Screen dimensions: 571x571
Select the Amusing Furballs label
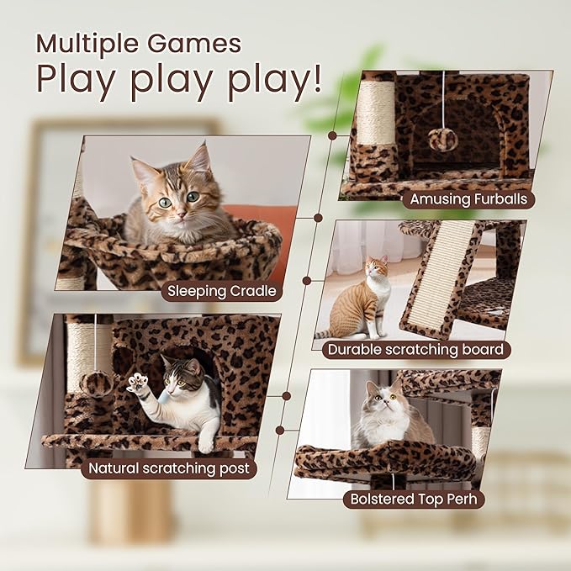pos(468,200)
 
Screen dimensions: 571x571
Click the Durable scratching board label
pos(416,349)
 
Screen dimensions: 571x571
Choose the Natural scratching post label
pos(169,468)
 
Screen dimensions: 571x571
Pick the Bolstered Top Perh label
pos(414,499)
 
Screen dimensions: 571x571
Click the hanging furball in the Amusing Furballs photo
pos(443,139)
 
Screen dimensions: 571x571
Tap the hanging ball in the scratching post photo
pos(97,383)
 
